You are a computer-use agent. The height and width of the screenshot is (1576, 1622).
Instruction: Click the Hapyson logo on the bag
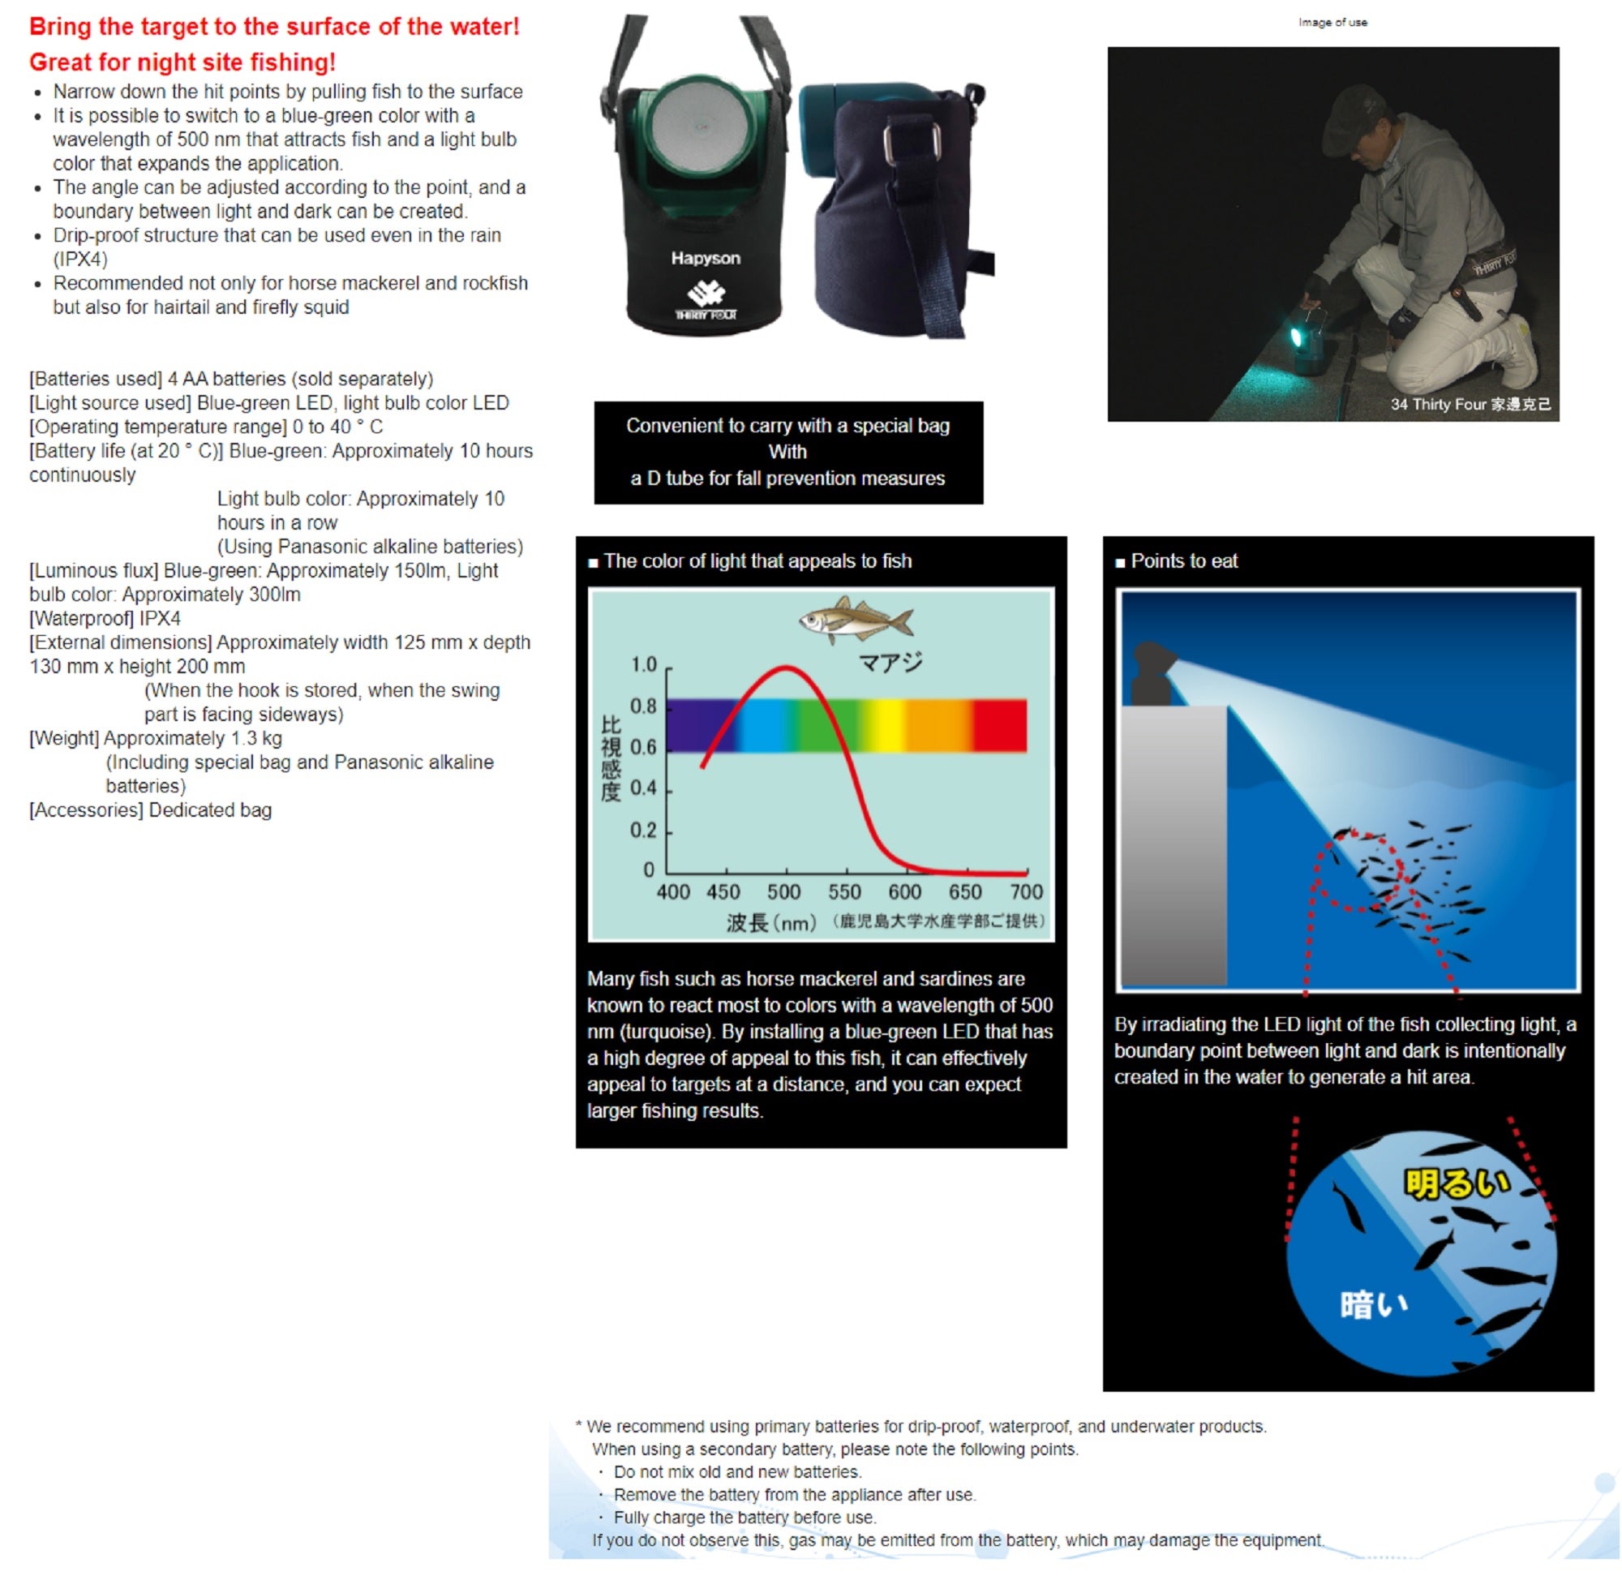[x=705, y=258]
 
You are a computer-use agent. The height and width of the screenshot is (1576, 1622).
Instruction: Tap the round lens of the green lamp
[x=700, y=127]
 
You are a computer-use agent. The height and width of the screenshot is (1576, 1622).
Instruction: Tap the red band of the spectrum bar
[x=1000, y=726]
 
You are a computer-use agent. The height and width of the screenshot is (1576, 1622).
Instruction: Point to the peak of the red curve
[x=786, y=668]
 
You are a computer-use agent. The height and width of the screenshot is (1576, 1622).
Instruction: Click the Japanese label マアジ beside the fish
[x=890, y=662]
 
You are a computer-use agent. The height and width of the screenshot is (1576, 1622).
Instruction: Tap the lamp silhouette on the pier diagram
[x=1153, y=672]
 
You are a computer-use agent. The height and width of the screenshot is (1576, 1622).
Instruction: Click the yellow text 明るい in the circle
[x=1456, y=1183]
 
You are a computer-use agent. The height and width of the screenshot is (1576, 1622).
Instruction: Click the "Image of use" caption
[x=1332, y=23]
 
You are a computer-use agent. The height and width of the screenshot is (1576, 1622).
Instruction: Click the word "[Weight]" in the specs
[x=65, y=738]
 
